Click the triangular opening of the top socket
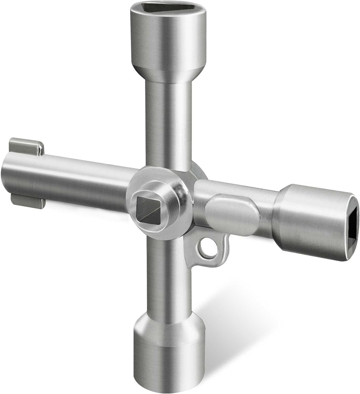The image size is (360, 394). (168, 7)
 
